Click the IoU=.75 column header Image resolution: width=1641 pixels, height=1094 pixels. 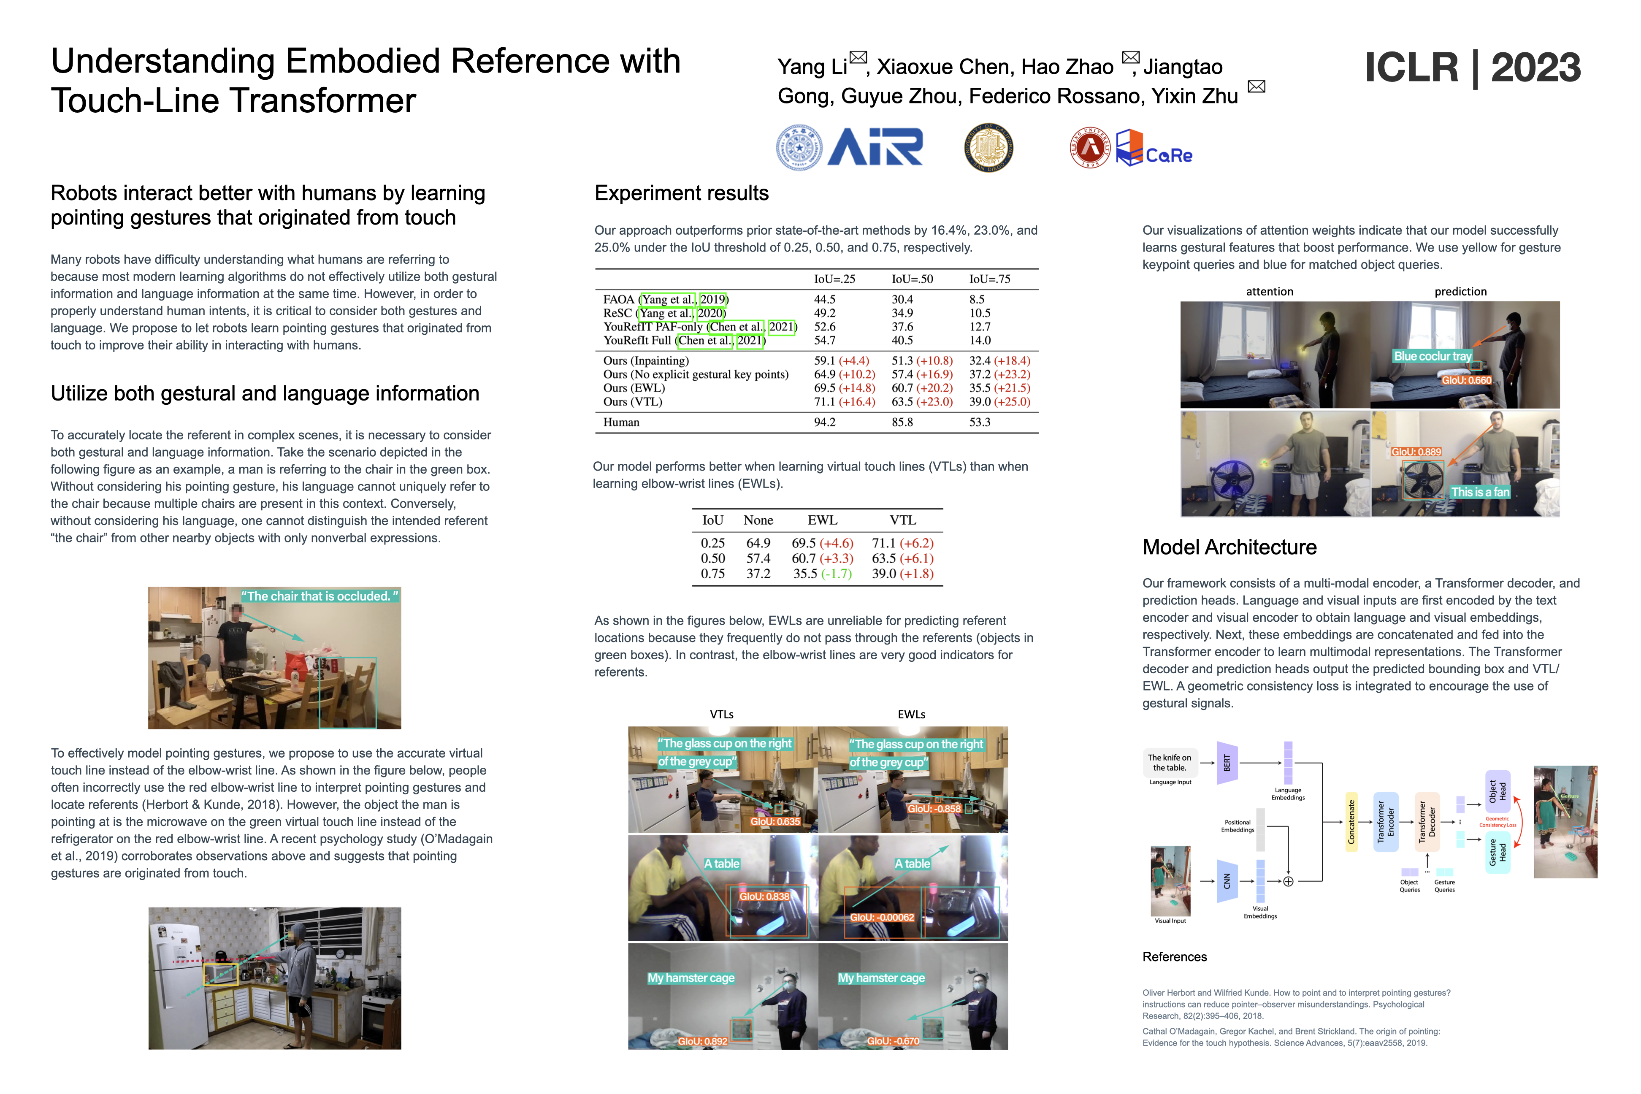989,279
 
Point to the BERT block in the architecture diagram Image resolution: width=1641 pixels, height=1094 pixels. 1227,763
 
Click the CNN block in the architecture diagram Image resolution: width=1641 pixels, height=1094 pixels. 1227,881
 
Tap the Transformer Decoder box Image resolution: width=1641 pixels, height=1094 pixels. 1427,822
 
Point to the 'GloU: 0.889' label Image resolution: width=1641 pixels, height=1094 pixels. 1416,452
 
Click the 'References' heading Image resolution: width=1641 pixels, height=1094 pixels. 1174,956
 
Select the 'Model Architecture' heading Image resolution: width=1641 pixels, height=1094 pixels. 1229,547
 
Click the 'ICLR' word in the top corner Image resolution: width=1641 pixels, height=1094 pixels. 1411,68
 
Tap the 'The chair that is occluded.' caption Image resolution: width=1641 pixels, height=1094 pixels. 320,596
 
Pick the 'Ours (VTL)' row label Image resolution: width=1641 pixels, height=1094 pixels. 632,402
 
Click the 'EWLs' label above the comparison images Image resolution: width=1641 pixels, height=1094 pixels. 911,715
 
